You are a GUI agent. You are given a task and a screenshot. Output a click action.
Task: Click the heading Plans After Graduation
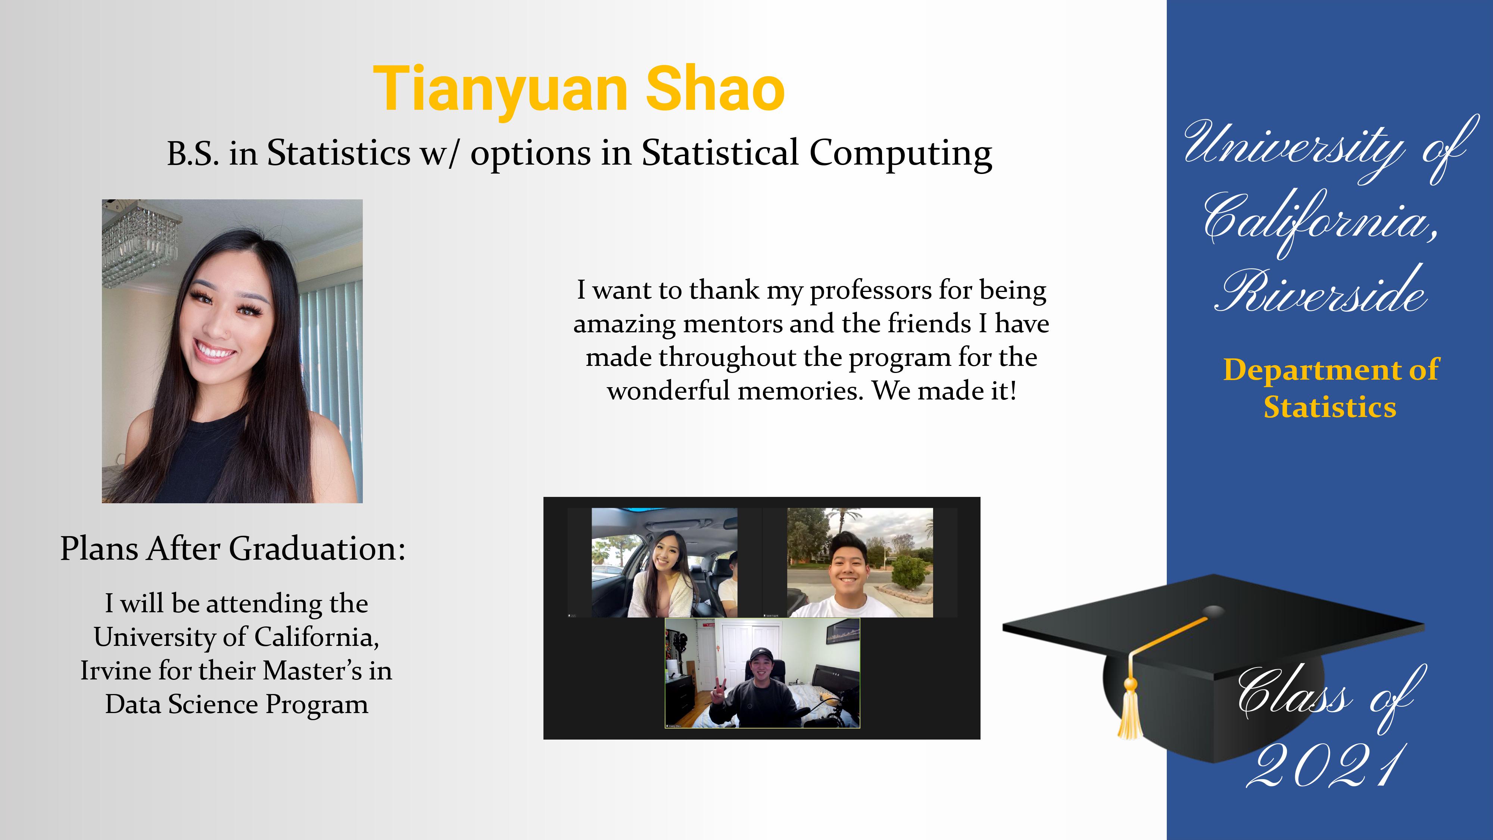(x=233, y=548)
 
